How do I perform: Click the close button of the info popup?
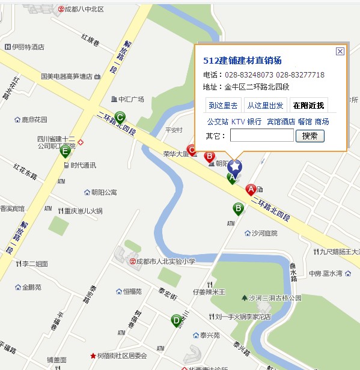point(340,52)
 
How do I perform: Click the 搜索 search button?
point(310,136)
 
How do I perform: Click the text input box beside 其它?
point(261,136)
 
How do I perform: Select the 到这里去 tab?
point(224,105)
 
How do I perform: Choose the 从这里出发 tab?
point(265,105)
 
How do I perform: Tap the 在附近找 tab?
point(308,105)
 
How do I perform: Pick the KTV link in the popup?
point(238,121)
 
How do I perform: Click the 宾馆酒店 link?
point(281,121)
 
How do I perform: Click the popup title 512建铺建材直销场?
point(243,61)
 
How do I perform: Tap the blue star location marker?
point(236,168)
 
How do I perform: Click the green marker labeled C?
point(120,118)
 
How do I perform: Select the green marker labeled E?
point(65,151)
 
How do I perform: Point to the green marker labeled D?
point(177,321)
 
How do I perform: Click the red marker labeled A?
point(251,190)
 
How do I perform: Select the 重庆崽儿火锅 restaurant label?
point(84,211)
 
